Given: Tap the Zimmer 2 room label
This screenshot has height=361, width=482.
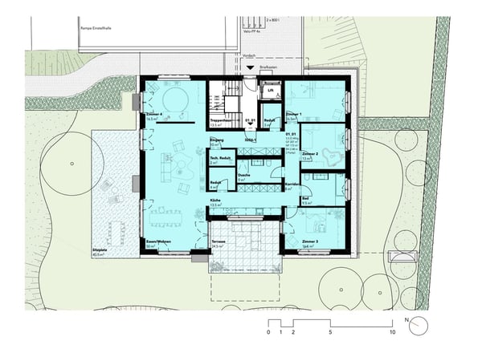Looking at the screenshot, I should coord(312,154).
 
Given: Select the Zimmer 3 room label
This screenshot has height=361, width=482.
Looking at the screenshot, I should coord(311,241).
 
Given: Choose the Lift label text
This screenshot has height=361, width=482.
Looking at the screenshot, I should coord(271,91).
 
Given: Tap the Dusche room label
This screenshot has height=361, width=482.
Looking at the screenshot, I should coord(243,175).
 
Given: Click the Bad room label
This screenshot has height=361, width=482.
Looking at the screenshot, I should coord(306,199).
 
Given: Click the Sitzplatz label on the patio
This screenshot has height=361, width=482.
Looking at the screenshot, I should coord(100,250).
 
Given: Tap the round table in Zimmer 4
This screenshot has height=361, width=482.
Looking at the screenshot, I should coord(172,100).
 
